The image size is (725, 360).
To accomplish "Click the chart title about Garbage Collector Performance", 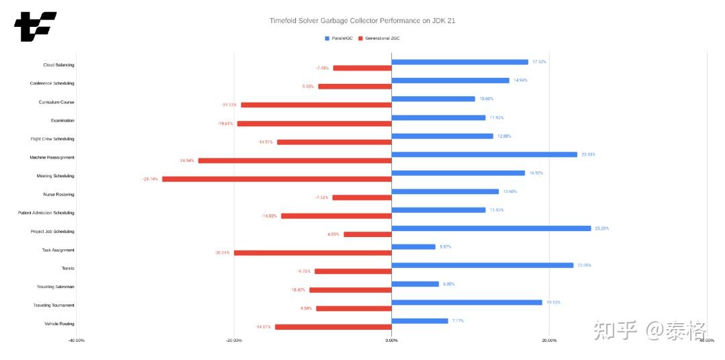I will [x=362, y=21].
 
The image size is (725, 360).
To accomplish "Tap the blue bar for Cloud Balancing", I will [x=460, y=62].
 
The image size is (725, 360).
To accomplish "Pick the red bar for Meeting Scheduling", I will [x=277, y=179].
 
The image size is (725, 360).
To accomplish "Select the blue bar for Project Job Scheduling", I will [x=491, y=228].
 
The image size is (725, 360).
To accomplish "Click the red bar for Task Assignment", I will [x=312, y=253].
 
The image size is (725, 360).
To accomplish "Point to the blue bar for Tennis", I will [x=482, y=265].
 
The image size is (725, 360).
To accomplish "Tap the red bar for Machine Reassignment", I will [x=295, y=161].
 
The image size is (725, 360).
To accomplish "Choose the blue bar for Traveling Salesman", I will [x=415, y=284].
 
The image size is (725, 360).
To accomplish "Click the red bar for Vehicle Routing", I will [x=333, y=327].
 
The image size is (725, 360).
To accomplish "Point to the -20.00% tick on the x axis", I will [x=234, y=341].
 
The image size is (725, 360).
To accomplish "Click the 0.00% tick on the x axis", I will [x=391, y=341].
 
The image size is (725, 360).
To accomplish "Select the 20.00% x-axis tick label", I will [x=548, y=341].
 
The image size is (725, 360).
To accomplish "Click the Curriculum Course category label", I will [x=56, y=102].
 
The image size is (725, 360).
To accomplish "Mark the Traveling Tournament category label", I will [x=54, y=306].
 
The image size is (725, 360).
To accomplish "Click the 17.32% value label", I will [x=539, y=62].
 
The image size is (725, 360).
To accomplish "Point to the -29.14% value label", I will [x=150, y=179].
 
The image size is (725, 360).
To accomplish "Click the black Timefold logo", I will [x=35, y=26].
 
